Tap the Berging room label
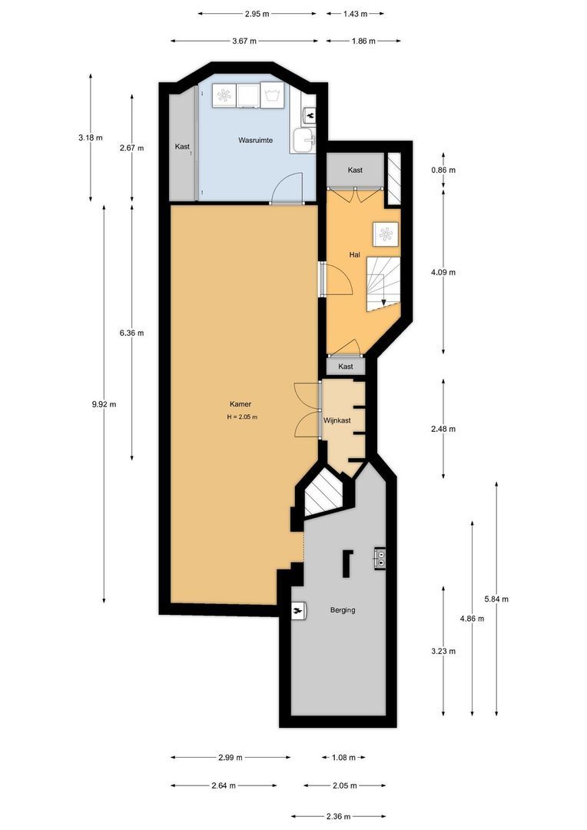[343, 610]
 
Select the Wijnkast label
[337, 420]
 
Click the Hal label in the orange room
[355, 254]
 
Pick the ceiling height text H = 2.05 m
[241, 417]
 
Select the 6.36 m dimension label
[131, 333]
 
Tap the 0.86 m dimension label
[443, 171]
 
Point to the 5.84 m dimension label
[496, 599]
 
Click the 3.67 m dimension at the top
[244, 41]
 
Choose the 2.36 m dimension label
[337, 816]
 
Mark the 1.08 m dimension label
[343, 758]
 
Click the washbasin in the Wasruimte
[304, 140]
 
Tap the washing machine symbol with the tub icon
[272, 95]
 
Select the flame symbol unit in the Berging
[297, 610]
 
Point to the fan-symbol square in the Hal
[385, 233]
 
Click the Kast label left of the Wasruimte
[182, 147]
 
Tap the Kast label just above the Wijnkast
[346, 367]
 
